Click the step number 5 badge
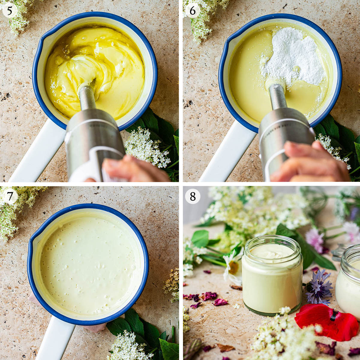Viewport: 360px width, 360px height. point(10,10)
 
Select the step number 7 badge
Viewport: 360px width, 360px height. point(10,196)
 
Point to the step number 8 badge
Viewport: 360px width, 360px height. point(193,196)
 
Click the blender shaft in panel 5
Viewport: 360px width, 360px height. point(87,98)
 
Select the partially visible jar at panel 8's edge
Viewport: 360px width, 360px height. point(348,280)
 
